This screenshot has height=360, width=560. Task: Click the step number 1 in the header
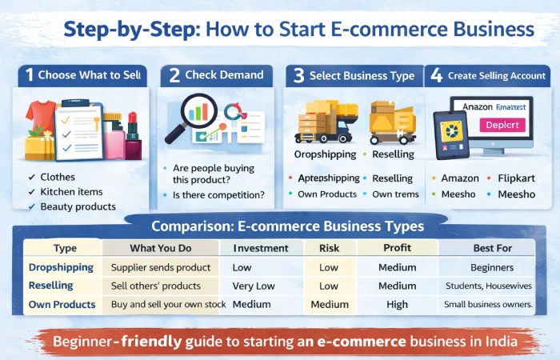29,75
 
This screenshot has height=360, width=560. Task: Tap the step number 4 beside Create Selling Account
436,75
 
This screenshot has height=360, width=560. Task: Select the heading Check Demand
224,75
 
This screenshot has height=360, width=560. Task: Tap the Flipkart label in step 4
516,178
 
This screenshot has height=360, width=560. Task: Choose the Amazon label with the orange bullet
460,178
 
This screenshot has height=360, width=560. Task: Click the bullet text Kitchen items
72,192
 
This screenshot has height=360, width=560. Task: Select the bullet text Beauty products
78,206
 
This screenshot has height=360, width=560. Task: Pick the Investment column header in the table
260,249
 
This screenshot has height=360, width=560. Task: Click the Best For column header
491,249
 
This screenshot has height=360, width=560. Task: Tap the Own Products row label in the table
62,304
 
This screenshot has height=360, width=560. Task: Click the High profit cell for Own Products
397,304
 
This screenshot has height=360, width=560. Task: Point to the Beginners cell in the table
491,267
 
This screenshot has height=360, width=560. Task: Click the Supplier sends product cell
161,267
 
